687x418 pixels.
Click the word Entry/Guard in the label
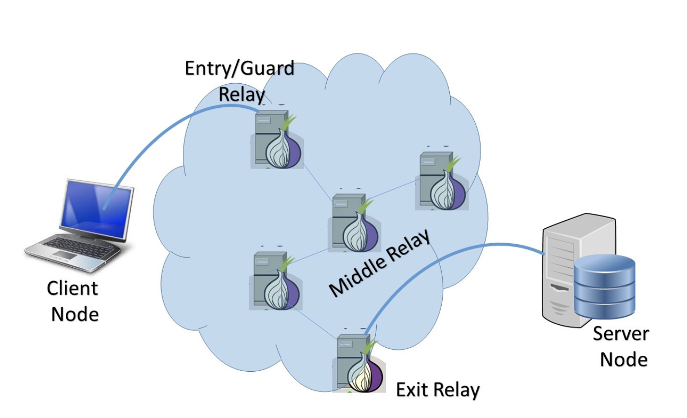(x=239, y=68)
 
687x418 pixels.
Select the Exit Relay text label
(x=437, y=390)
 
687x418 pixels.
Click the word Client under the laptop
(x=72, y=288)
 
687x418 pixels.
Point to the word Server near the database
(x=621, y=333)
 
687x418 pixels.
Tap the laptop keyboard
(x=77, y=248)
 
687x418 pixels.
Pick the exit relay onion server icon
(x=358, y=364)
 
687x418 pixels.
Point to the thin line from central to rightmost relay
(x=392, y=189)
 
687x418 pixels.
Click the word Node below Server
(x=623, y=359)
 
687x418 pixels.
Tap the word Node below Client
(x=75, y=314)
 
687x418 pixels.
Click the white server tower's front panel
(x=558, y=274)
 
